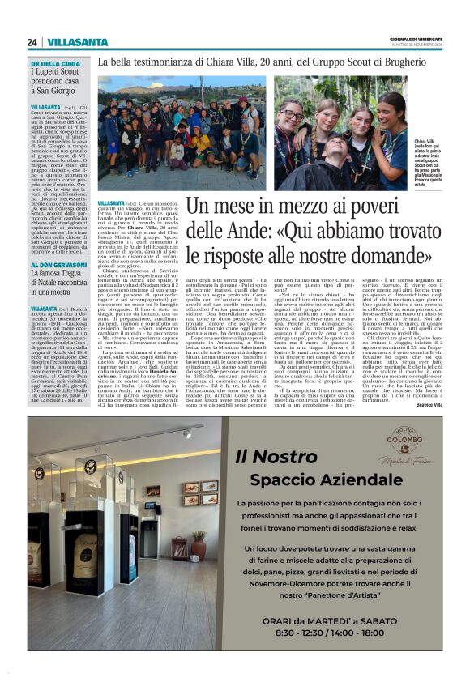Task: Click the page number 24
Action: coord(32,42)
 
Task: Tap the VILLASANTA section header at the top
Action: coord(73,42)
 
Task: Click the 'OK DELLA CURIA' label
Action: coord(55,63)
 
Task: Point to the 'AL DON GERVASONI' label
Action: coord(59,266)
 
